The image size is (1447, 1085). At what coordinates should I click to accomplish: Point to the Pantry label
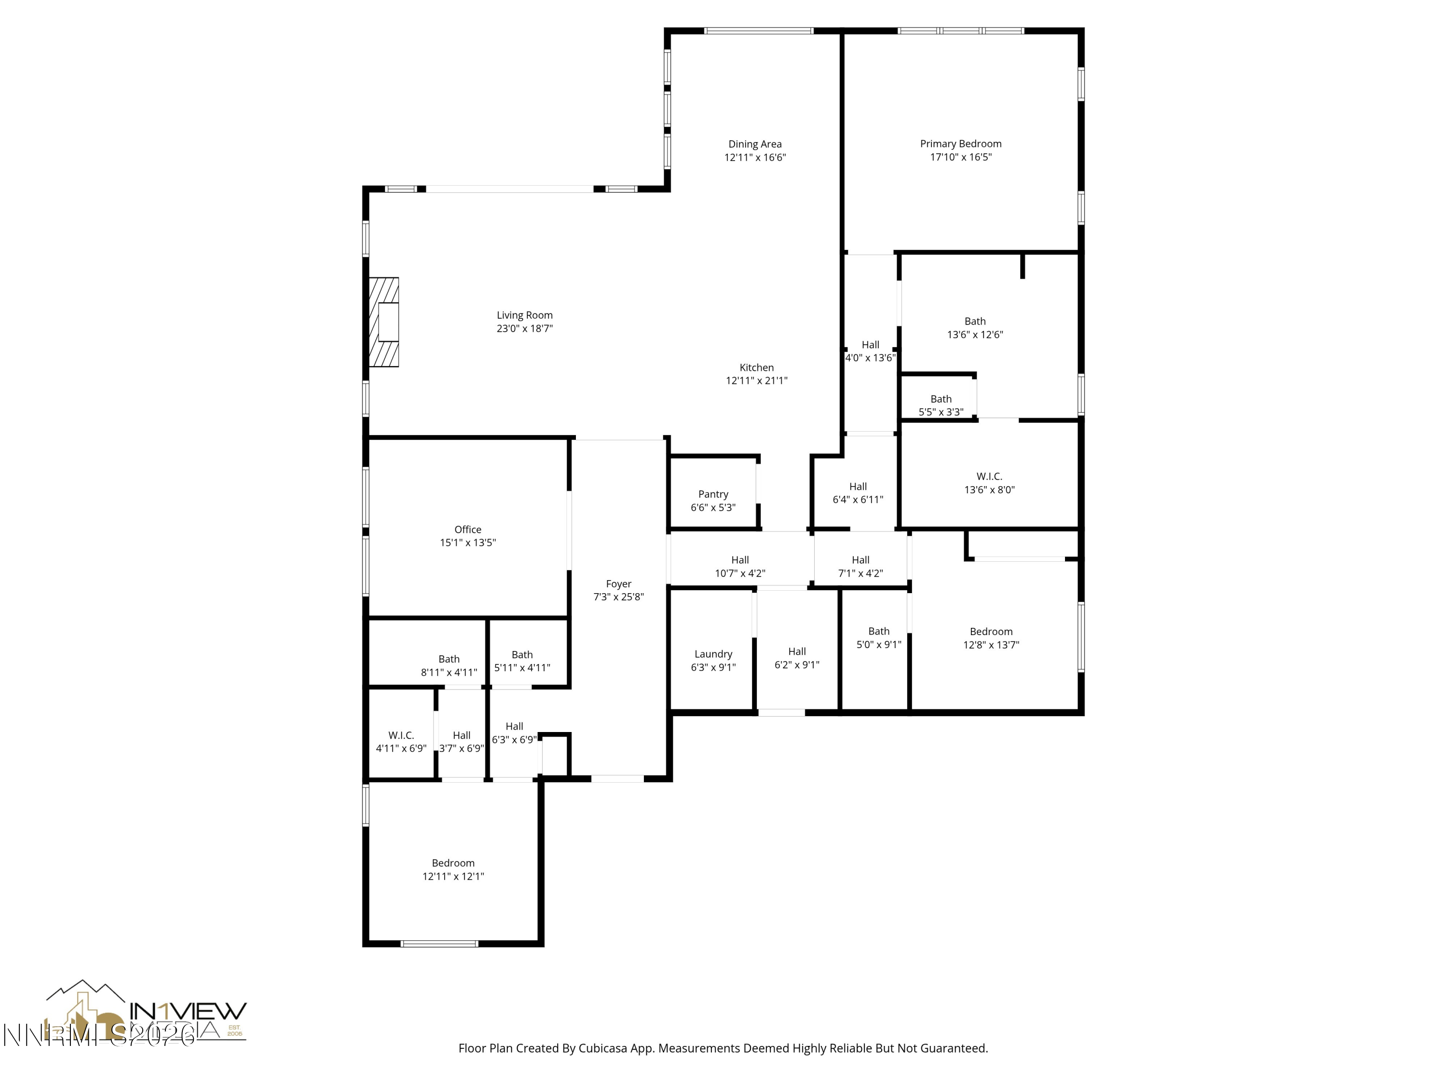[x=713, y=494]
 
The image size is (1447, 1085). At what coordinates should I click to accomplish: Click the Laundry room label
[x=713, y=654]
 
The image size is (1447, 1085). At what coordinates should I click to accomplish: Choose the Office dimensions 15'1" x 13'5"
[x=468, y=543]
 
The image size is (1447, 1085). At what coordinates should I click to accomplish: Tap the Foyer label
[x=618, y=584]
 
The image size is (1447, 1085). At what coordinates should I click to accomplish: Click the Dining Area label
[x=755, y=144]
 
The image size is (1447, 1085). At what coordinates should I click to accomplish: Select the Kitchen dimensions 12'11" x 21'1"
[x=756, y=380]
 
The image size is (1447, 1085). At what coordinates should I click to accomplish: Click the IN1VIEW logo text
[x=189, y=1010]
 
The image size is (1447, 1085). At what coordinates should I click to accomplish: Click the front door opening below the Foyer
[x=617, y=778]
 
